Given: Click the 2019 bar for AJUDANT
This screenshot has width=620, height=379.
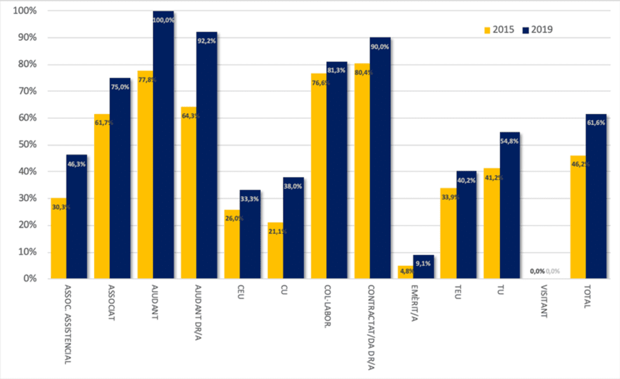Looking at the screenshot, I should [163, 145].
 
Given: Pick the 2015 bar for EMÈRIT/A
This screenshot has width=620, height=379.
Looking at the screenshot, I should [405, 272].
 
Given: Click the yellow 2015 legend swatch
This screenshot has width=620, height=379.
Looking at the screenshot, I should [488, 30].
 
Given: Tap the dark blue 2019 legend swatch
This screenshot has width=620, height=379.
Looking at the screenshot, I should [527, 30].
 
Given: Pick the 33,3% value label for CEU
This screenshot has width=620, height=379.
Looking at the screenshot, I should [250, 198].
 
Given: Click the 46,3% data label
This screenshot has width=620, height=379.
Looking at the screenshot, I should [77, 165].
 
